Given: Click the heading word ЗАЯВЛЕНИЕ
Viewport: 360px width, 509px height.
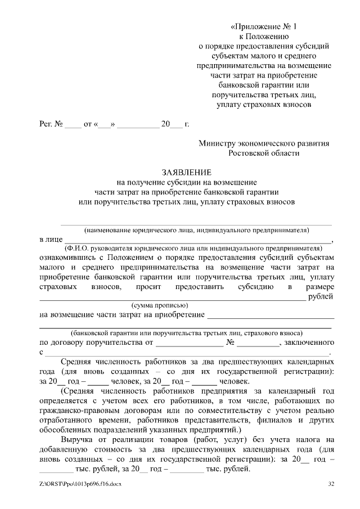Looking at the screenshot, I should pos(187,172).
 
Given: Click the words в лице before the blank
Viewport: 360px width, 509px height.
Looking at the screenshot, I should pos(51,240).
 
